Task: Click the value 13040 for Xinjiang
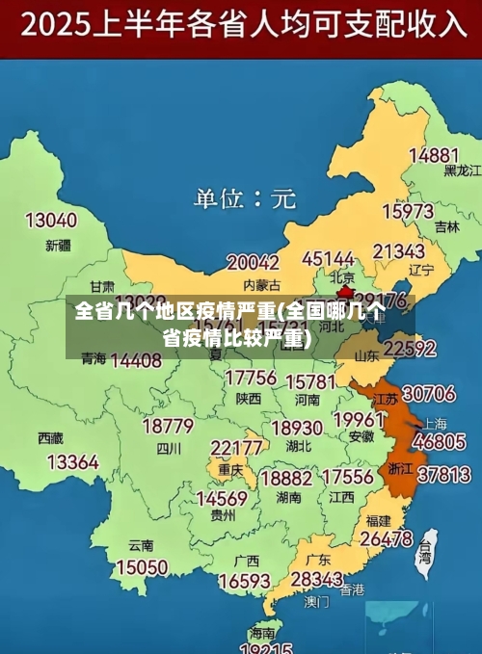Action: coord(50,221)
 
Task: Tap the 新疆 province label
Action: coord(58,246)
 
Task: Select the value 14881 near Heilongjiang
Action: coord(433,154)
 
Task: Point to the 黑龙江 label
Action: coord(462,170)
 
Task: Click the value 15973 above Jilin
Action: coord(408,210)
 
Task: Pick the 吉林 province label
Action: coord(446,227)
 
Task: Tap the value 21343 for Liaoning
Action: coord(398,251)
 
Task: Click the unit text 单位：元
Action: coord(244,198)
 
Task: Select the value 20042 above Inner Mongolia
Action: coord(253,262)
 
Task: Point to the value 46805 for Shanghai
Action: coord(440,442)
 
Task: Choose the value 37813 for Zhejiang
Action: coord(443,474)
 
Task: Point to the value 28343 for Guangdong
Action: coord(316,579)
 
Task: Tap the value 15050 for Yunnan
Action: coord(141,567)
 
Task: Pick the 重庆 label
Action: coord(229,470)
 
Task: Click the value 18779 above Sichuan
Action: coord(168,426)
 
